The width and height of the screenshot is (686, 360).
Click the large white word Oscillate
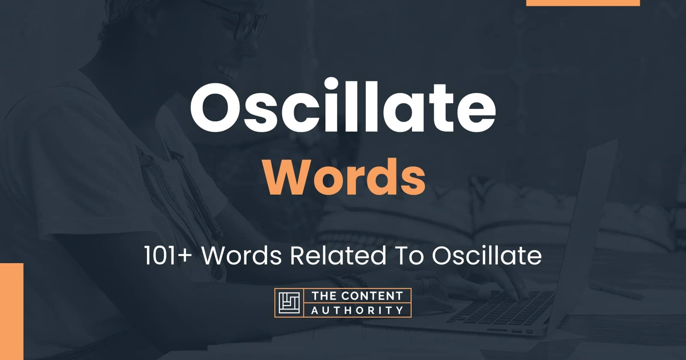coord(343,106)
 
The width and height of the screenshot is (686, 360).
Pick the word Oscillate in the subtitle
coord(487,256)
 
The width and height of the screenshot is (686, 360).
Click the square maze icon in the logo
coord(289,303)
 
